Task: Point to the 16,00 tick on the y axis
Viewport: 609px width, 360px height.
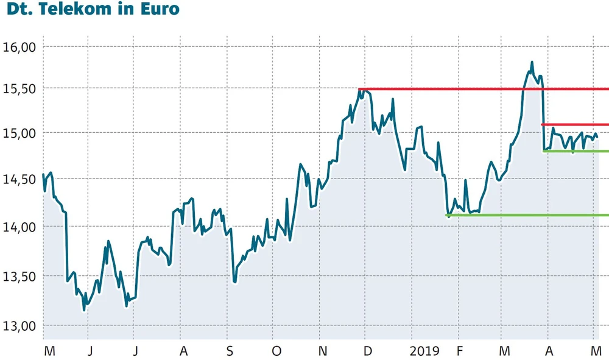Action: (19, 46)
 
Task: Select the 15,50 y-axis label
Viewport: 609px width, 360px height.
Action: (19, 88)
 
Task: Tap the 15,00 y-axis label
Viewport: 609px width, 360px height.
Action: (19, 133)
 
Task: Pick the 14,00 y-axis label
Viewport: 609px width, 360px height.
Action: (19, 227)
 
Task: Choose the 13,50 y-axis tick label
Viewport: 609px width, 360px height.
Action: (19, 276)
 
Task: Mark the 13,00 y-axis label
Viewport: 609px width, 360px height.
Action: (19, 326)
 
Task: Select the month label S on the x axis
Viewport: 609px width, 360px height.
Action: (229, 351)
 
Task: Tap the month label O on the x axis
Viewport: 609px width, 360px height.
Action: (276, 351)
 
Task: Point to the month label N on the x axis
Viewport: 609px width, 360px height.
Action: (323, 351)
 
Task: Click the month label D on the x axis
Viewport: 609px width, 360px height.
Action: (367, 351)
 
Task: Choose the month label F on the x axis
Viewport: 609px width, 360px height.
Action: (460, 351)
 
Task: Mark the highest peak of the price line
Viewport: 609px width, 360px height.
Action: (532, 62)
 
